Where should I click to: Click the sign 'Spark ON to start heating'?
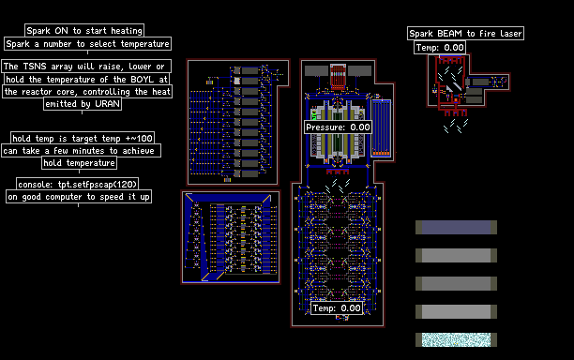pyautogui.click(x=84, y=30)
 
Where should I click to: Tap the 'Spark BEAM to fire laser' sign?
pyautogui.click(x=465, y=34)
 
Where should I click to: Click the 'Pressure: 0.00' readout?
pyautogui.click(x=338, y=127)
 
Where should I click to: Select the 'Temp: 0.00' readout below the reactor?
pyautogui.click(x=337, y=308)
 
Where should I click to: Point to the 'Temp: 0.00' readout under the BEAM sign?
pyautogui.click(x=440, y=48)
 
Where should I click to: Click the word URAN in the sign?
pyautogui.click(x=107, y=104)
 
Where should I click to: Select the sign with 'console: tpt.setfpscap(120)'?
pyautogui.click(x=78, y=184)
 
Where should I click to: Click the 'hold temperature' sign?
pyautogui.click(x=80, y=163)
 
